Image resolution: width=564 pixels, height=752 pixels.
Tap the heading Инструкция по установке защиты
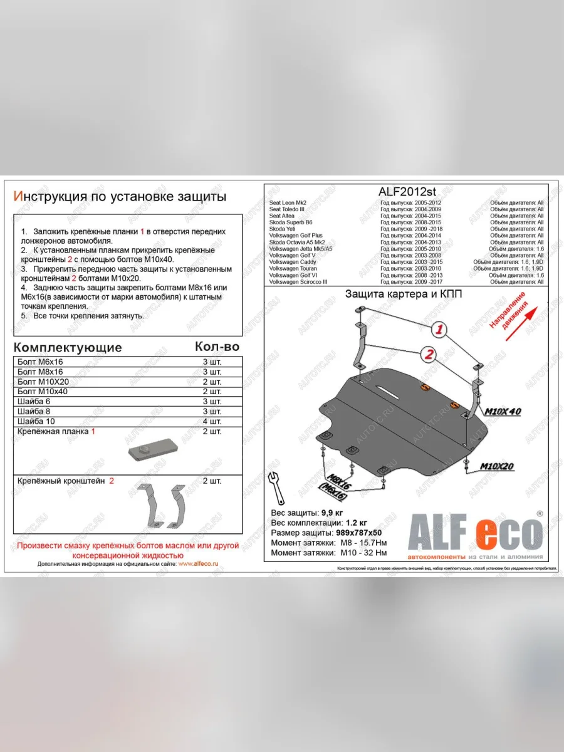coord(120,197)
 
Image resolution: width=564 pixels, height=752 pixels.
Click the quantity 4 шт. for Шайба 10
coord(212,421)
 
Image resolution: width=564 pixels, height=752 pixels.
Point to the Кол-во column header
coord(217,347)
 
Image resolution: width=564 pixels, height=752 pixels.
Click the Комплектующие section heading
coord(68,348)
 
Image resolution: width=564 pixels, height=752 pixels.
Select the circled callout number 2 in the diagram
coord(429,355)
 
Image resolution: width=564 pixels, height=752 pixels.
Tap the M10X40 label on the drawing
coord(503,411)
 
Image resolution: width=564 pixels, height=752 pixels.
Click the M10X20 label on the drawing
coord(497,466)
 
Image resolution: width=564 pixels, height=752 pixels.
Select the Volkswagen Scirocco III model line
coord(299,282)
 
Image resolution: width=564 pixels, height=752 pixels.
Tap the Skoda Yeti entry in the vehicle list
coord(281,229)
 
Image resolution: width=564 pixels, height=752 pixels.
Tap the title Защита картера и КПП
coord(404,295)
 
